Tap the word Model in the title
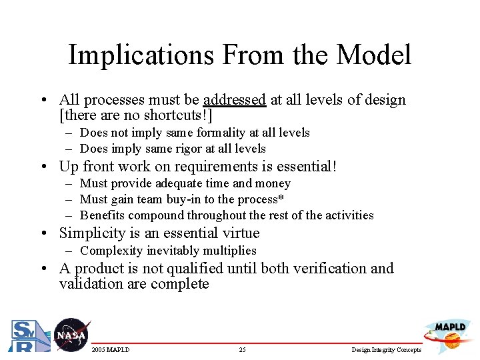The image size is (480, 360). (375, 55)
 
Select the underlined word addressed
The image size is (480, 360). (235, 100)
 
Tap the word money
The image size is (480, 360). (273, 183)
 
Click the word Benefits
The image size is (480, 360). (103, 215)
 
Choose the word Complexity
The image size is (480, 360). (111, 251)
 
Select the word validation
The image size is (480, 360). (92, 284)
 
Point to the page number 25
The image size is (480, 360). (242, 350)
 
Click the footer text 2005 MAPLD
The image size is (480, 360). (111, 350)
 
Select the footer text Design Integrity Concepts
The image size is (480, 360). (387, 350)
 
